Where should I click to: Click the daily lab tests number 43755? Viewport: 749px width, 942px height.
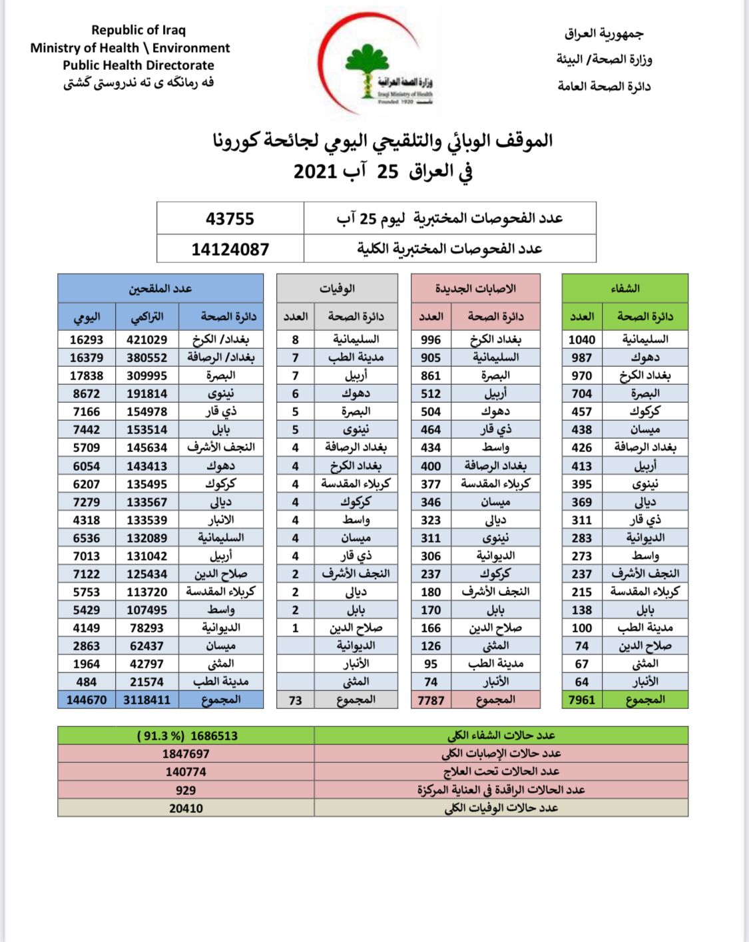coord(230,218)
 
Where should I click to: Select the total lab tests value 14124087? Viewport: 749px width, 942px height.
coord(230,250)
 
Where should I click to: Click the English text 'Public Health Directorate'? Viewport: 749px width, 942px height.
coord(138,65)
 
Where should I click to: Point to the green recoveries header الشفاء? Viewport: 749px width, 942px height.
coord(624,288)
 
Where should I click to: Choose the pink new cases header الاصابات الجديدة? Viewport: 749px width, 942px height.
coord(475,288)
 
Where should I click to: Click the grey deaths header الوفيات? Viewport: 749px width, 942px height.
coord(337,288)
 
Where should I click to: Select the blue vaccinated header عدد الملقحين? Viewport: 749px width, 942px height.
coord(160,288)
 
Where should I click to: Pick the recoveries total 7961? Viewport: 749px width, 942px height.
coord(581,700)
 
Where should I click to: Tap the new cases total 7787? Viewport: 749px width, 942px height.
coord(430,700)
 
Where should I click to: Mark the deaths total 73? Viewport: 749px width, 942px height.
coord(296,700)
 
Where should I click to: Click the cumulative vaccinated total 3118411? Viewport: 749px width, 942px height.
coord(146,700)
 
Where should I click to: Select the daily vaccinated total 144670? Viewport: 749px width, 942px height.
coord(87,700)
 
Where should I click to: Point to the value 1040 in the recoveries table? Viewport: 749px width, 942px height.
coord(581,340)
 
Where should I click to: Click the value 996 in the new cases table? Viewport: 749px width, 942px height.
coord(430,340)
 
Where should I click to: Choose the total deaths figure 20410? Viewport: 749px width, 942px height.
coord(186,808)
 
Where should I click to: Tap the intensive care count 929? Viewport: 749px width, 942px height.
coord(186,790)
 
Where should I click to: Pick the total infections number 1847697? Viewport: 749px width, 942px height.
coord(186,754)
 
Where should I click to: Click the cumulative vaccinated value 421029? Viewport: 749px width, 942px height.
coord(146,340)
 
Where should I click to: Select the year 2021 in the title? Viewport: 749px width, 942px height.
coord(316,172)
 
